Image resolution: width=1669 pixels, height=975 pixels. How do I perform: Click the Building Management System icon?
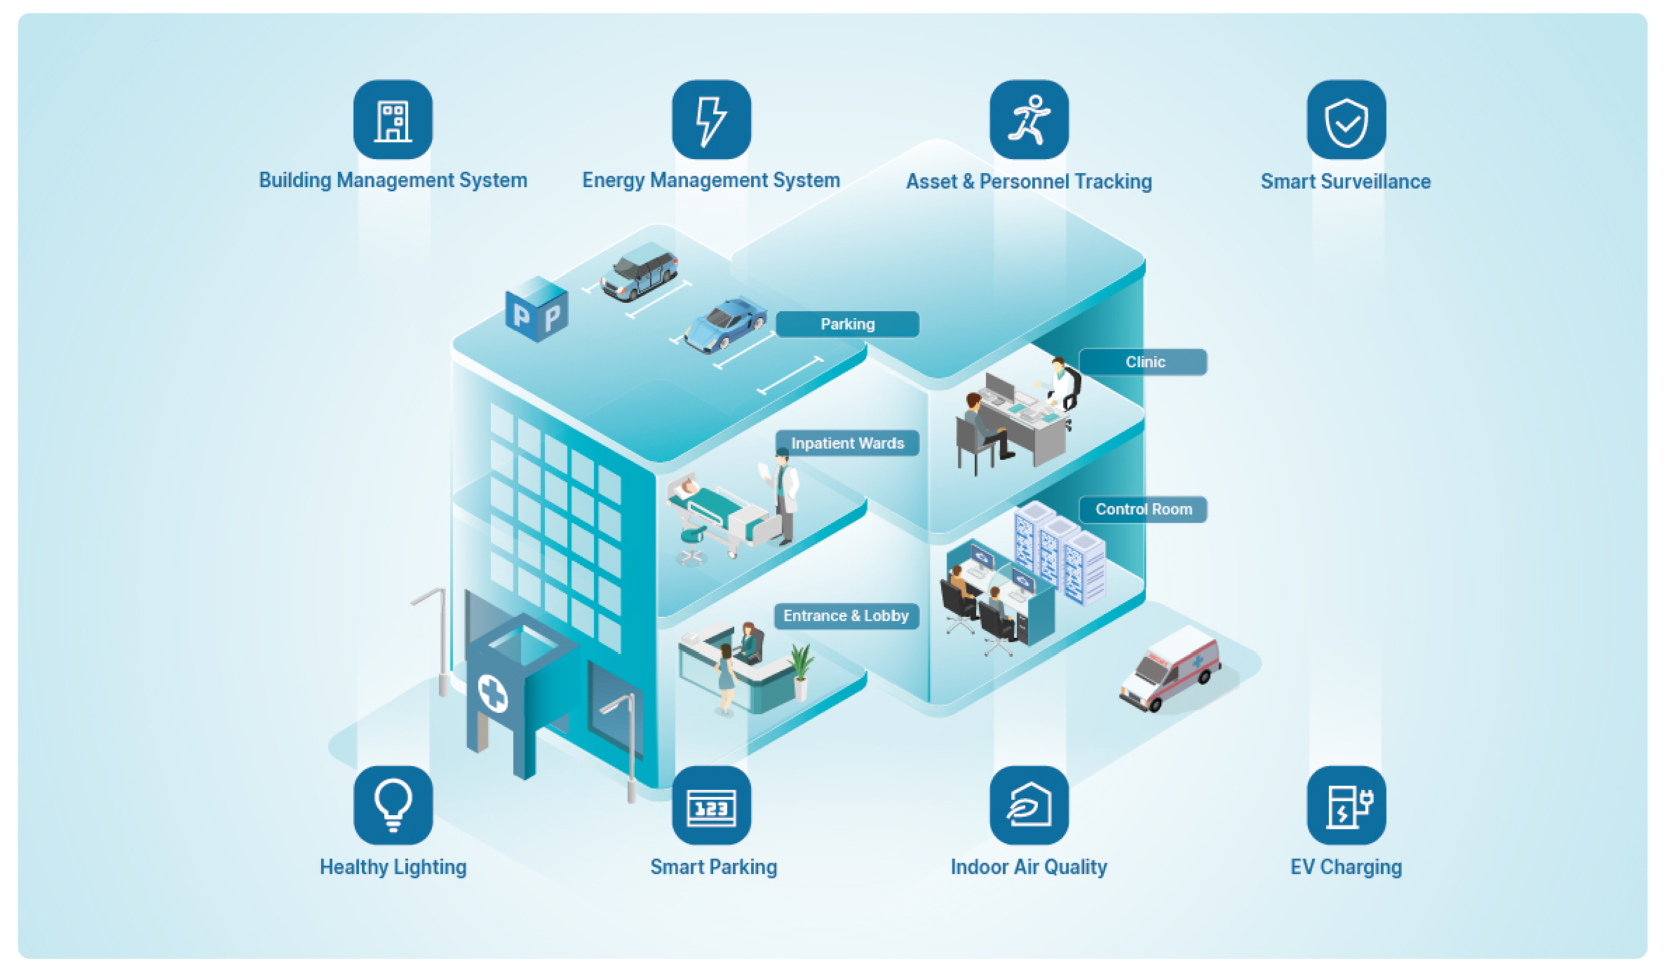point(393,120)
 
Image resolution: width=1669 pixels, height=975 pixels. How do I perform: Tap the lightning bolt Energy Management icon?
point(711,120)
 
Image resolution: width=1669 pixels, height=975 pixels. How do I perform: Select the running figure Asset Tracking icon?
point(1029,120)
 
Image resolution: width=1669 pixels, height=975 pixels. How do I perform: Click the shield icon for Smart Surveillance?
point(1346,120)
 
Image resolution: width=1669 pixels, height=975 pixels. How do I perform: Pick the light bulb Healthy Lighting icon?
point(393,805)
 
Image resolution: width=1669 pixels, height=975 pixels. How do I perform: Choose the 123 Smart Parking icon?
point(711,805)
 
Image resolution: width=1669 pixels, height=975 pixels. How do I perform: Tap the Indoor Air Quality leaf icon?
point(1029,805)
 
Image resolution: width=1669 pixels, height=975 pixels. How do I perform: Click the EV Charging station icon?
point(1346,805)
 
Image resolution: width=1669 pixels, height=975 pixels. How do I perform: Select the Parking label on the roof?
point(847,325)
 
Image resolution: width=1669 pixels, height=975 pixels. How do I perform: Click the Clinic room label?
point(1144,362)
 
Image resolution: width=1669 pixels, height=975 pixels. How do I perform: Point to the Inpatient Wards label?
point(847,443)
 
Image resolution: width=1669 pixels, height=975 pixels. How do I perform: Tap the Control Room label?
point(1143,510)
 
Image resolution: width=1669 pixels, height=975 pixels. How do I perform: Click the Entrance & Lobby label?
point(846,616)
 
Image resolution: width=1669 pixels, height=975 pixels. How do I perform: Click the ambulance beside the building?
point(1170,669)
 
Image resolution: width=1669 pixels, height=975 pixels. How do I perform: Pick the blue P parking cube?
point(536,311)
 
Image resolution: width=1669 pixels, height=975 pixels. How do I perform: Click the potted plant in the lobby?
point(800,669)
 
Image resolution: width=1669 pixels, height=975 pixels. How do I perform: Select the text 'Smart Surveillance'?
point(1345,182)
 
